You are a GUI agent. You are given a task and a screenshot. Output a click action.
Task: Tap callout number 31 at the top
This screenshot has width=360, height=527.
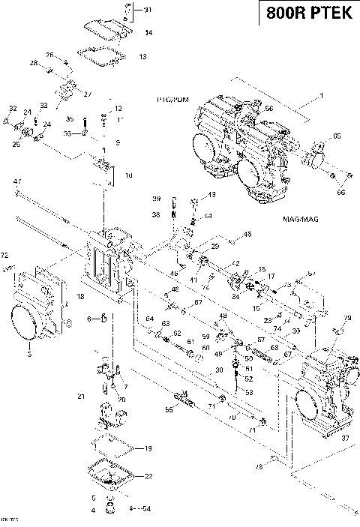[147, 10]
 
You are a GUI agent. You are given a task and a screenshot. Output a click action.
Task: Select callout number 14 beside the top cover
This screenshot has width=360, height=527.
[148, 32]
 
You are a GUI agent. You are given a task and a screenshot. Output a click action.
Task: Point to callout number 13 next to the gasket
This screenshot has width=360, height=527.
[142, 56]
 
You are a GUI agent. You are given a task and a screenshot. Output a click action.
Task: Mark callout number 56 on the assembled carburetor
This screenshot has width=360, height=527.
[268, 109]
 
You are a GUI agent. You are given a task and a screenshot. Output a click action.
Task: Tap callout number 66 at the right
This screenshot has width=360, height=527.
[342, 193]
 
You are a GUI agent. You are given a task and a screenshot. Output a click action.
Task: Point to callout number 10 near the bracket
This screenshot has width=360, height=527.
[128, 175]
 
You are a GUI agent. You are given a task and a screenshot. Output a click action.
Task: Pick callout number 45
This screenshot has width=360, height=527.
[248, 235]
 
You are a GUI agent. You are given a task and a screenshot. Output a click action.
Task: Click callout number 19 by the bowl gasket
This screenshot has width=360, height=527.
[148, 448]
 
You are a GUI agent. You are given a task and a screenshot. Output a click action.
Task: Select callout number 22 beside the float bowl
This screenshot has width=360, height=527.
[148, 476]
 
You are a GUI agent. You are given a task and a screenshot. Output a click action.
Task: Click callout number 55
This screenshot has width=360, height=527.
[169, 410]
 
